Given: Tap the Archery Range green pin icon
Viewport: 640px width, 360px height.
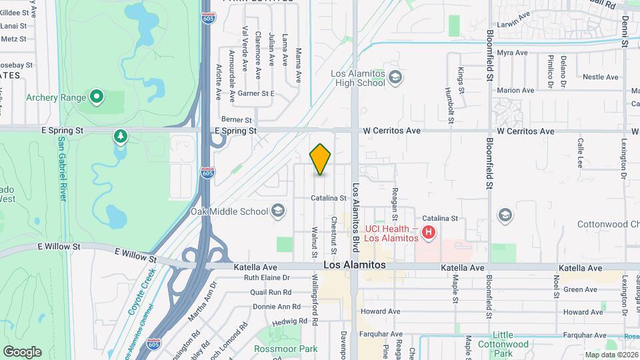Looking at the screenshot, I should pyautogui.click(x=97, y=98).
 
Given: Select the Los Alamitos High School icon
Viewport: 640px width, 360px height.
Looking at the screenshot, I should pyautogui.click(x=395, y=78).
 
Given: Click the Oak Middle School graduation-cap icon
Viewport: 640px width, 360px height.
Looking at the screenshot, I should pyautogui.click(x=278, y=212).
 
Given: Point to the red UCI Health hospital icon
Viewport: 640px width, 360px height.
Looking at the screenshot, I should pyautogui.click(x=429, y=233).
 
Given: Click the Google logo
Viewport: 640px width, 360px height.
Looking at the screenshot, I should pyautogui.click(x=22, y=351).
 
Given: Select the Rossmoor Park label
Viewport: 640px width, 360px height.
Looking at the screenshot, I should pyautogui.click(x=285, y=349).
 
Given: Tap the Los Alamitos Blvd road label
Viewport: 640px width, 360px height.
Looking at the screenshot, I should pyautogui.click(x=355, y=211).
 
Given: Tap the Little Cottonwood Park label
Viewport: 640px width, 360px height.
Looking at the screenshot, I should pyautogui.click(x=512, y=339).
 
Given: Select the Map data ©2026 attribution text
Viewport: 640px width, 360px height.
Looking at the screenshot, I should pyautogui.click(x=611, y=355).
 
